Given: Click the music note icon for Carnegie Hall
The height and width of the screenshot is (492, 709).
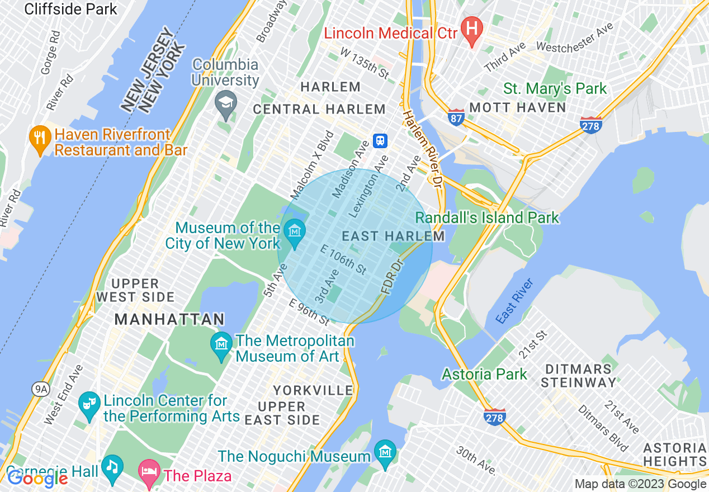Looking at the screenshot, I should pyautogui.click(x=113, y=467).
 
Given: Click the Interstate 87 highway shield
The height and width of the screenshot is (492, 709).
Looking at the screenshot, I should pyautogui.click(x=456, y=117).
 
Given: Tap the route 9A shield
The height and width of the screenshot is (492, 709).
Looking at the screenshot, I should pyautogui.click(x=40, y=389).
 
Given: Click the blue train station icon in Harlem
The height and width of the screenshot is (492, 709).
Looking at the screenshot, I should pyautogui.click(x=381, y=140).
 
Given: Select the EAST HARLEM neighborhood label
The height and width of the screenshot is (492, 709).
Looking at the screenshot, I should pyautogui.click(x=393, y=236).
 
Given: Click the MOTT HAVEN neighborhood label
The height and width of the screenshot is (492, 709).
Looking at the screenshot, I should pyautogui.click(x=518, y=107).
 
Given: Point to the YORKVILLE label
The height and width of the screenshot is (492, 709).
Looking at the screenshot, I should pyautogui.click(x=313, y=390).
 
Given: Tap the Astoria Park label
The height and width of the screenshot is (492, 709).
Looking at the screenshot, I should pyautogui.click(x=484, y=373).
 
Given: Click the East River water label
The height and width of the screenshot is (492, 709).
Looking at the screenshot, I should pyautogui.click(x=514, y=300).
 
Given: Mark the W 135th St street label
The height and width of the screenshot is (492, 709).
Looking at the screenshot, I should pyautogui.click(x=365, y=63).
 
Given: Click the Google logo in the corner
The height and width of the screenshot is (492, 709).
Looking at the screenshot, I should pyautogui.click(x=37, y=479).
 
